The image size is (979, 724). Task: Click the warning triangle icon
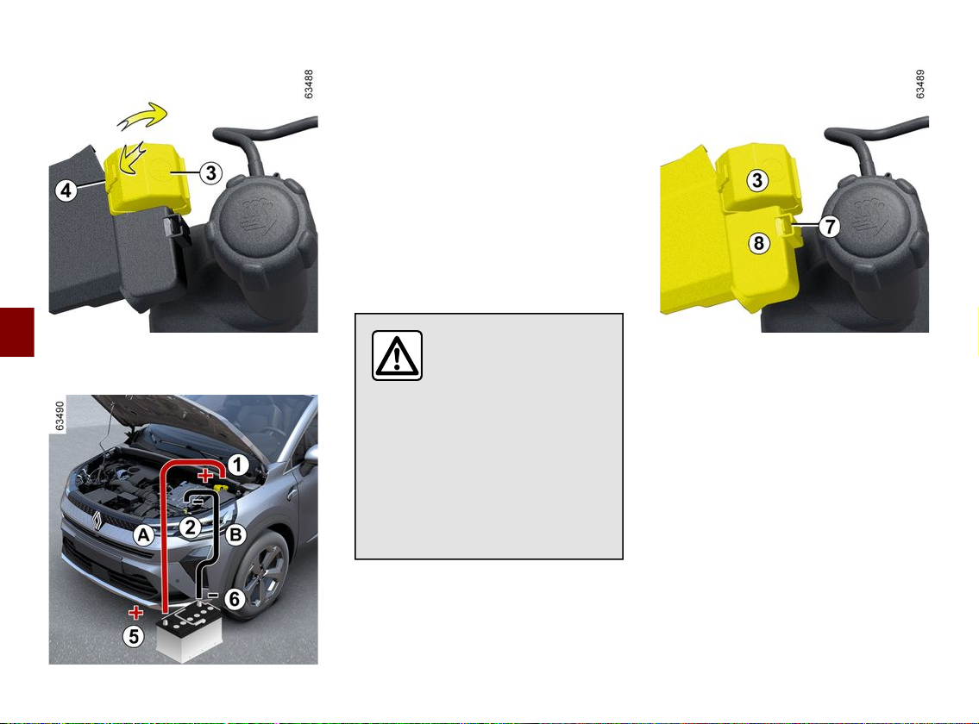click(x=397, y=355)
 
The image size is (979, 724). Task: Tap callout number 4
click(x=66, y=190)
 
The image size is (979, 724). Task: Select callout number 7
click(x=830, y=226)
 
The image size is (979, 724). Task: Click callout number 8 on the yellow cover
click(x=758, y=243)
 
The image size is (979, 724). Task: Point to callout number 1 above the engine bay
click(x=237, y=465)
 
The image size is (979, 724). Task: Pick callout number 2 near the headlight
click(x=191, y=527)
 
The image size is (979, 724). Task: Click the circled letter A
click(x=144, y=535)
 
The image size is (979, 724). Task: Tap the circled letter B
click(x=235, y=535)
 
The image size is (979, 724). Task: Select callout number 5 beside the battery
click(x=134, y=637)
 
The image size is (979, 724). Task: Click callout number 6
click(x=234, y=599)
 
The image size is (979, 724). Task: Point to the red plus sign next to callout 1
click(x=205, y=476)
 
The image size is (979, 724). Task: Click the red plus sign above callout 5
click(x=135, y=612)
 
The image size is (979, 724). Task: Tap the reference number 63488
click(x=309, y=84)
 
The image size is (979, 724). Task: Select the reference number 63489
click(x=919, y=84)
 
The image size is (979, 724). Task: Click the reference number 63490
click(x=60, y=416)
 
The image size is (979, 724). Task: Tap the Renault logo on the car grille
click(x=97, y=521)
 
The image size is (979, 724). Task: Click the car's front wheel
click(x=261, y=577)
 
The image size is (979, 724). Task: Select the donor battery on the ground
click(x=190, y=633)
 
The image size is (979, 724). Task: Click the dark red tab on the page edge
click(x=17, y=332)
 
